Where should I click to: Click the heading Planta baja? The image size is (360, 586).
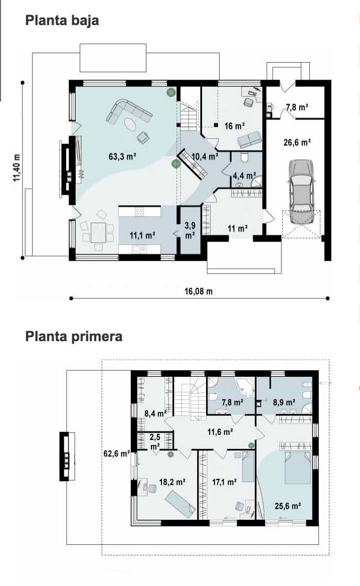[62, 21]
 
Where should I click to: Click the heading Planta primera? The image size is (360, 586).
[74, 336]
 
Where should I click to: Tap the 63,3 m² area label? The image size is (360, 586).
[122, 156]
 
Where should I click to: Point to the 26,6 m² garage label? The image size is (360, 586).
[297, 142]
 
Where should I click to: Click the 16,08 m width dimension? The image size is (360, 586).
[198, 291]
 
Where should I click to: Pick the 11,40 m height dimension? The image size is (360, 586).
[17, 168]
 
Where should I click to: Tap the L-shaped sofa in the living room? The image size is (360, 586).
[128, 111]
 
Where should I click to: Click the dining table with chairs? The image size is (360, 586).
[97, 231]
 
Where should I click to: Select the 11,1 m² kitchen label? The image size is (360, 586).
[142, 235]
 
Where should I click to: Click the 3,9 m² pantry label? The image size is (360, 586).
[190, 230]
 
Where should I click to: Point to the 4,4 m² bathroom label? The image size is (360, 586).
[244, 176]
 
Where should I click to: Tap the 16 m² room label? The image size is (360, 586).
[234, 126]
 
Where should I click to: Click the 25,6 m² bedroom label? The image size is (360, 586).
[288, 506]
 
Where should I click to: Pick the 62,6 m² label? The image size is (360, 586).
[116, 454]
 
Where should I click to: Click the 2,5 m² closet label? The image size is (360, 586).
[155, 442]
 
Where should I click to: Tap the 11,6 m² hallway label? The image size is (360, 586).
[220, 432]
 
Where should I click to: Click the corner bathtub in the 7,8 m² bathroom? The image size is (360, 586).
[245, 386]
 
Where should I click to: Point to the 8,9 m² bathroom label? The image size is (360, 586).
[284, 402]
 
